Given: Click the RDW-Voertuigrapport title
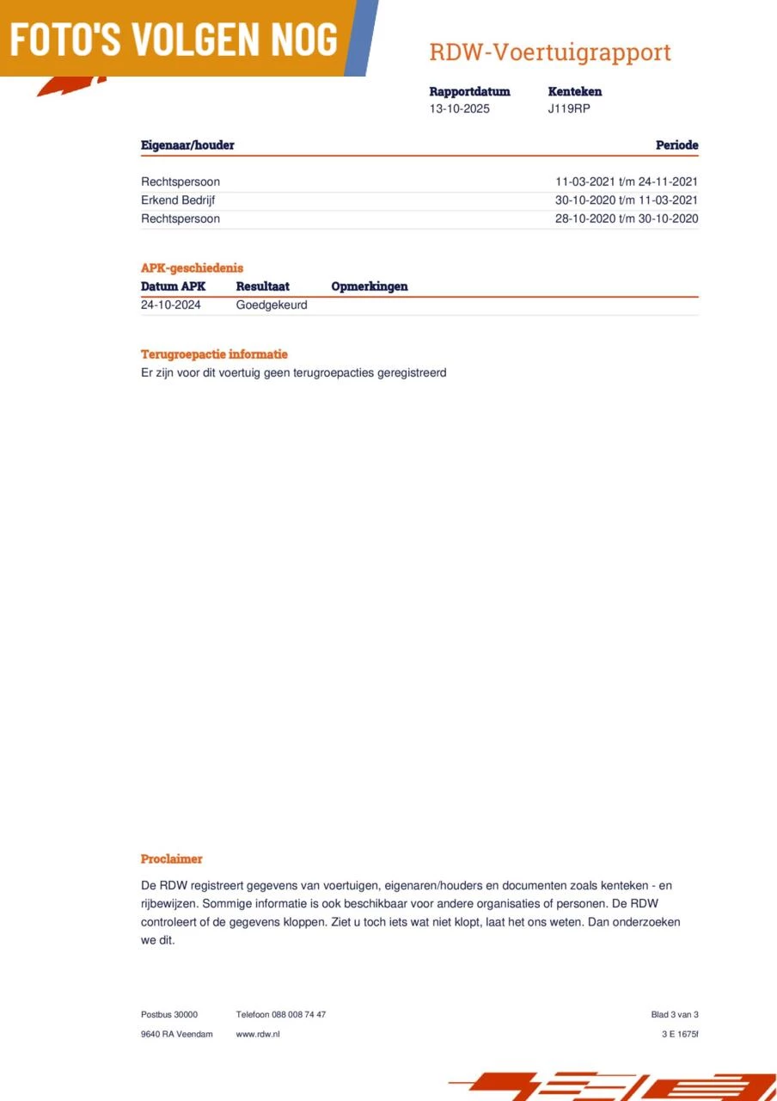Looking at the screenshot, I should click(550, 52).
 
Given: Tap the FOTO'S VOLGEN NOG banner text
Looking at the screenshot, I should click(174, 39).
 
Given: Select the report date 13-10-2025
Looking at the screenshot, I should click(460, 109).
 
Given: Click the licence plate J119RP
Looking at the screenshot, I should click(569, 109).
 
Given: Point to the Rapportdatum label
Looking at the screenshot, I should click(469, 91).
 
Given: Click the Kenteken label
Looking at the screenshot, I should click(574, 91).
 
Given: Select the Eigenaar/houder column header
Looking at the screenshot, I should click(187, 145).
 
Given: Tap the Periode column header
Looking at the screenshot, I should click(676, 145).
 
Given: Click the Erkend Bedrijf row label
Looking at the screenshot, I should click(178, 200).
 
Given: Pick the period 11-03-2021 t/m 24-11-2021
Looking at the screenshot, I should click(627, 181).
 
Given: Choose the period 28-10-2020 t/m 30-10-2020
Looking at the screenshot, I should click(627, 218).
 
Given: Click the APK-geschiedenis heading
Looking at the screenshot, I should click(192, 268).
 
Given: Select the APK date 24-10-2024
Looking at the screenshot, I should click(171, 304).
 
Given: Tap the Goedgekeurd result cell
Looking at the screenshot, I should click(272, 304).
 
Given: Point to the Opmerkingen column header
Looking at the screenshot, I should click(370, 286).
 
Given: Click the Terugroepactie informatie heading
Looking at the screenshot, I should click(214, 354).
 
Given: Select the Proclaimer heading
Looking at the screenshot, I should click(172, 859).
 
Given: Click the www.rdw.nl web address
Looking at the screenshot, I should click(258, 1034).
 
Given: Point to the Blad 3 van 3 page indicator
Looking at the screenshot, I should click(675, 1015).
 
